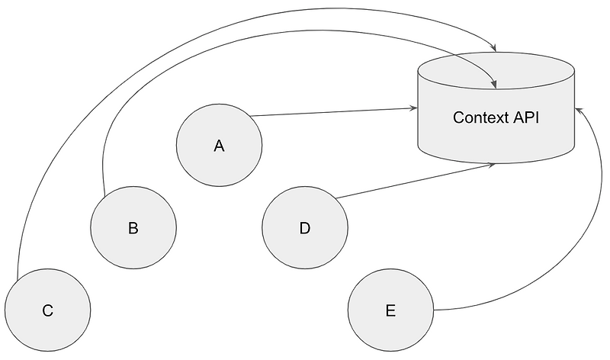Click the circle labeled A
(x=219, y=145)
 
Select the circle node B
(x=133, y=227)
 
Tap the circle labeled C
(x=47, y=310)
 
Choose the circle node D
(x=305, y=227)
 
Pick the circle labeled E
(x=390, y=310)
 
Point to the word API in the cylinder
(x=526, y=118)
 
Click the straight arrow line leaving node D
(x=412, y=181)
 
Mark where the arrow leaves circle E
(x=433, y=310)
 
